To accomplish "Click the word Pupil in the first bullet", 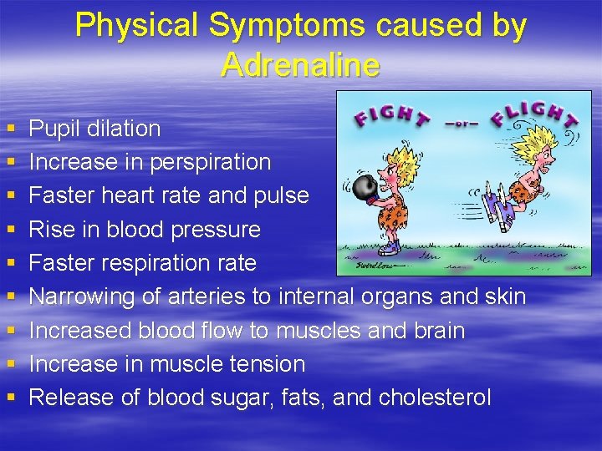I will pyautogui.click(x=53, y=129).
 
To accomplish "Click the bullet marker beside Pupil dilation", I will pyautogui.click(x=10, y=129).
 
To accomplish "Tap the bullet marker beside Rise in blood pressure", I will pyautogui.click(x=10, y=230).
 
